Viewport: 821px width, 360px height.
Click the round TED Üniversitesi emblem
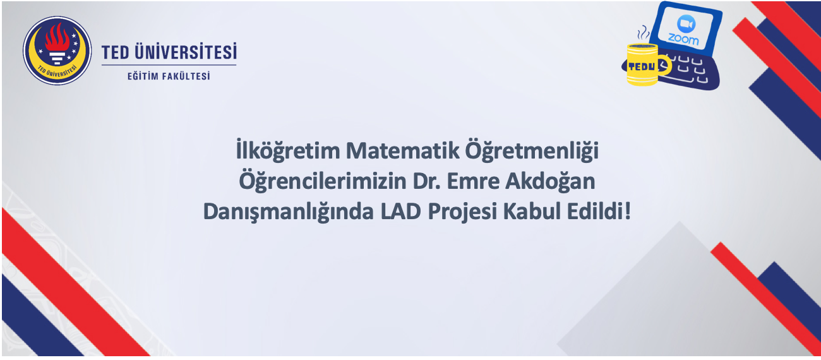pos(57,51)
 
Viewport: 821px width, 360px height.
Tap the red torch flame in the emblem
pos(57,37)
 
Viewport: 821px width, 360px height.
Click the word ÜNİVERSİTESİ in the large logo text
pos(186,51)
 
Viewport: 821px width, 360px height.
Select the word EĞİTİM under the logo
pos(143,76)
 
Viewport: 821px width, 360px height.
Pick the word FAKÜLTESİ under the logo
pos(186,76)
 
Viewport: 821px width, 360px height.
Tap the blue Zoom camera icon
pos(686,24)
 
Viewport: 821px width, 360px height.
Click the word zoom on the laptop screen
pos(683,39)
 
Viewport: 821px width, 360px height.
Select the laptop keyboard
pos(685,72)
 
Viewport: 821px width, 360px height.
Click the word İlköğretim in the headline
pos(288,151)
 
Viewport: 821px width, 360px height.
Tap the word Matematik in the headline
pos(402,150)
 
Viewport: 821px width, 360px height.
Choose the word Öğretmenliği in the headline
pos(532,151)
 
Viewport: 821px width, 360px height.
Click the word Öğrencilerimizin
pos(323,181)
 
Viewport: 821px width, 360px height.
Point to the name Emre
pos(473,181)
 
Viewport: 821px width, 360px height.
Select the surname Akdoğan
pos(550,181)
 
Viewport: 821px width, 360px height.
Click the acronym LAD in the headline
pos(400,212)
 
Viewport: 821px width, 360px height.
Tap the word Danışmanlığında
pos(289,212)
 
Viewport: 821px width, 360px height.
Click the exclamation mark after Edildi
pos(628,211)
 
